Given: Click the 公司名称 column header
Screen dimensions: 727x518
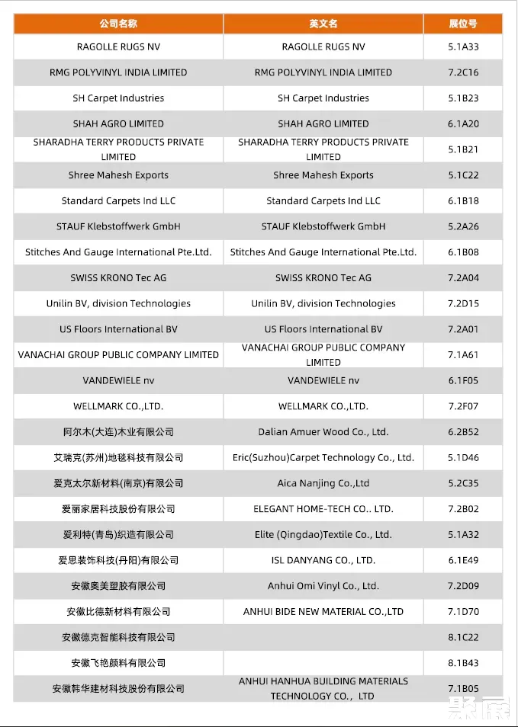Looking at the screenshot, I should [x=118, y=24].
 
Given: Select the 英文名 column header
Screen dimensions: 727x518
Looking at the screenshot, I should [x=323, y=24].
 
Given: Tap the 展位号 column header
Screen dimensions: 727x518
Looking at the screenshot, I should [x=463, y=24].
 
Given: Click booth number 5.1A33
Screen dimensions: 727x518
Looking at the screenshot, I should [x=463, y=47].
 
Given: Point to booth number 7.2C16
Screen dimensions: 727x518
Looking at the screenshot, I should [x=463, y=73].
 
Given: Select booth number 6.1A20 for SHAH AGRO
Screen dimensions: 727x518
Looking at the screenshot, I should [x=463, y=124].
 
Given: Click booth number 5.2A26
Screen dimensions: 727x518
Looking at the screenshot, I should [x=463, y=226].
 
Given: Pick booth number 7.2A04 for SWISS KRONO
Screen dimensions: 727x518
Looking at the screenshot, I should [x=463, y=278].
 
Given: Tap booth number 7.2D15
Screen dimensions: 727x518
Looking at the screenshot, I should [x=463, y=304].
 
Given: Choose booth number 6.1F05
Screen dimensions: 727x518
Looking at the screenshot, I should [x=463, y=380].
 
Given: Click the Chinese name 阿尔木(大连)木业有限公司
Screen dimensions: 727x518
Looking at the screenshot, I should [x=118, y=432].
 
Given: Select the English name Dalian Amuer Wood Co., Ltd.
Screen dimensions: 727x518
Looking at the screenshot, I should [x=323, y=432].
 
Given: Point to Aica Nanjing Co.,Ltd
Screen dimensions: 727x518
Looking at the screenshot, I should [x=323, y=483].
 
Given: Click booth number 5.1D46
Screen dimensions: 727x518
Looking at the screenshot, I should [x=463, y=458].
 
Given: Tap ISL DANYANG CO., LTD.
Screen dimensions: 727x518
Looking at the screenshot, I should [x=323, y=560].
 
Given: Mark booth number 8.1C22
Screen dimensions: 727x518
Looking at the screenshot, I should [x=463, y=637].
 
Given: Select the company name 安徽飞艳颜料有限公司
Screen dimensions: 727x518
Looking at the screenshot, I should [x=118, y=663].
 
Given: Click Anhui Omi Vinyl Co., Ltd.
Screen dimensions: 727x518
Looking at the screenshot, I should [x=323, y=586].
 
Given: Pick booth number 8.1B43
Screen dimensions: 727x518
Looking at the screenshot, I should [x=463, y=663].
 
